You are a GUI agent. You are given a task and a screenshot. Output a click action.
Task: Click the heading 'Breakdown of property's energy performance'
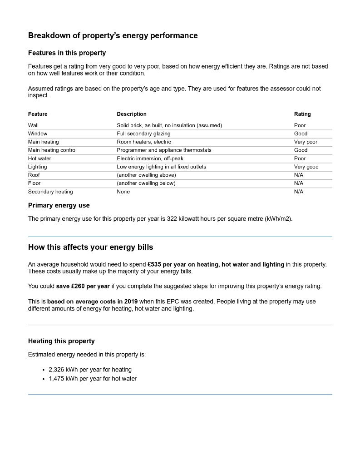(113, 35)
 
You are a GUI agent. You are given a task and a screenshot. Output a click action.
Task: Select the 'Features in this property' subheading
(67, 53)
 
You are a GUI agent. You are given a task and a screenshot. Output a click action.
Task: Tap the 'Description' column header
(132, 114)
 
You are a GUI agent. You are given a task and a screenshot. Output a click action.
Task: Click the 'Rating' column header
(302, 114)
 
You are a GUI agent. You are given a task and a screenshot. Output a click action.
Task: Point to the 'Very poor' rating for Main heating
(306, 142)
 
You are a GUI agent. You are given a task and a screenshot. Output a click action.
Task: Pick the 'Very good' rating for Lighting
(306, 167)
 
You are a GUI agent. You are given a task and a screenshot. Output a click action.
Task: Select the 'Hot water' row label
(39, 158)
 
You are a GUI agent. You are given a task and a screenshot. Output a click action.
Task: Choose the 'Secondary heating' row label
(50, 192)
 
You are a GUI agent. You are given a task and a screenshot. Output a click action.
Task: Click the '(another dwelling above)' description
(146, 175)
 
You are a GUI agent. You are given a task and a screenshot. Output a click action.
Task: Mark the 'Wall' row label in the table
(33, 125)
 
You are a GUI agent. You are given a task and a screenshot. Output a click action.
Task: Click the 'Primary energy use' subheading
(59, 206)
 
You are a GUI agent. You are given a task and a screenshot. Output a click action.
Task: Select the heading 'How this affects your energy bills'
(90, 247)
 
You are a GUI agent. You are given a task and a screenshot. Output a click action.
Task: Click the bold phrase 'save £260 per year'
(83, 286)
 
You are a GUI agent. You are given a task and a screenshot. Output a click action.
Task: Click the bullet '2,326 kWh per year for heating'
(90, 370)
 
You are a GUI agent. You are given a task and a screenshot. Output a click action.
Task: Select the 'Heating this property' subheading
(61, 341)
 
